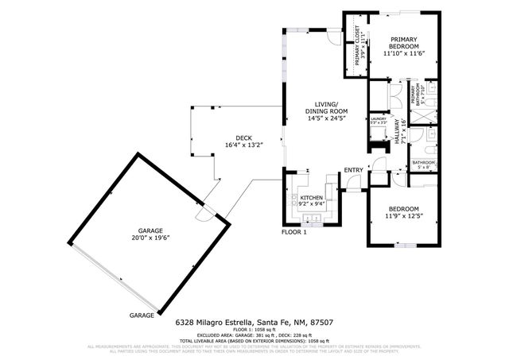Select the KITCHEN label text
tap(310, 197)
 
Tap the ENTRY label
tap(353, 170)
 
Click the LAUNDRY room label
tap(379, 118)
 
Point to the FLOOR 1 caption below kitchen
tap(293, 232)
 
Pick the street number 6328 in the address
tap(186, 323)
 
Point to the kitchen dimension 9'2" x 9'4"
tap(310, 203)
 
